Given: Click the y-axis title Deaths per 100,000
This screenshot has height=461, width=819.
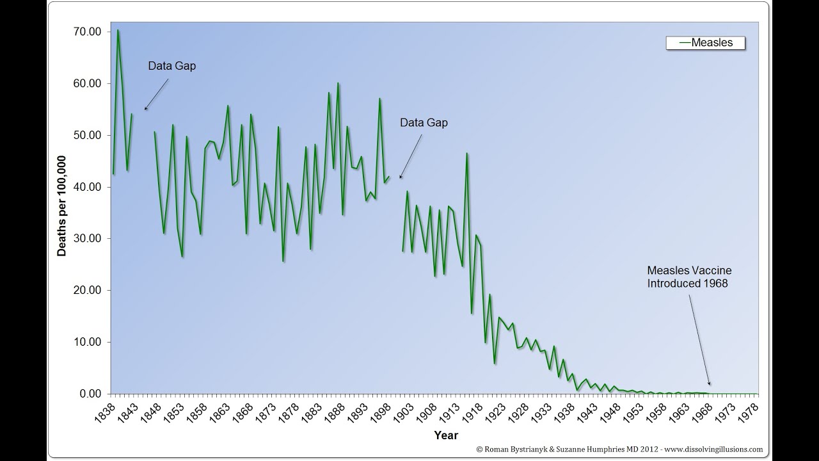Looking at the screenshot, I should coord(62,206).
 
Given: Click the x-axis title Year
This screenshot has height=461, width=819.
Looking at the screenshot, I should coord(445,435).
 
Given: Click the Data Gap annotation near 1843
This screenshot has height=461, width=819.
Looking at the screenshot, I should coord(172,65).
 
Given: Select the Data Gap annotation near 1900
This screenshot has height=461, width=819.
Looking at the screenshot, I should coord(424,122).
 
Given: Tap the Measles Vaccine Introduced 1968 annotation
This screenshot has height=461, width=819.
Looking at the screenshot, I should coord(689,277).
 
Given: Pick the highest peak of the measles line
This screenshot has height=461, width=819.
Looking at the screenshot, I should coord(118,30).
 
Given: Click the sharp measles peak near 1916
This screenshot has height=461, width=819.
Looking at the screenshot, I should coord(467,153).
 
